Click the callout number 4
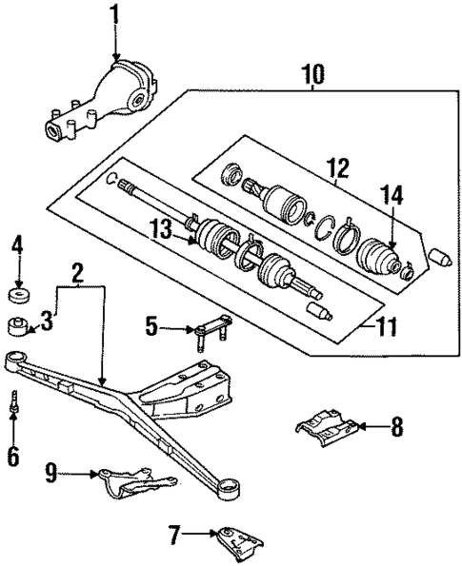click(x=16, y=251)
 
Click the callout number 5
click(x=152, y=329)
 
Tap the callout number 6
click(x=13, y=456)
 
